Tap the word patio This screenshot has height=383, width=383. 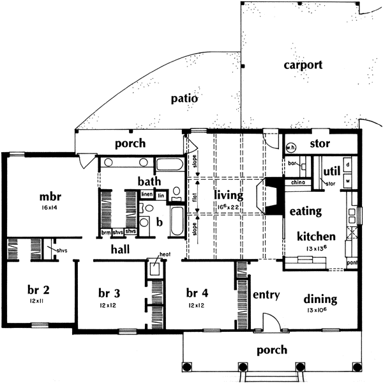point(184,99)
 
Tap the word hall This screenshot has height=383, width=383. point(121,249)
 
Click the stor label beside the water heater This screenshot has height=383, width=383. point(320,144)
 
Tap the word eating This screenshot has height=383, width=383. point(305,210)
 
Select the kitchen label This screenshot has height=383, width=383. point(315,237)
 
